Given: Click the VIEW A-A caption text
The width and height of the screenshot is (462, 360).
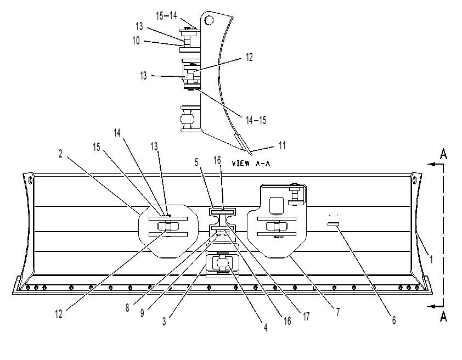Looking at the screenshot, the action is click(251, 163).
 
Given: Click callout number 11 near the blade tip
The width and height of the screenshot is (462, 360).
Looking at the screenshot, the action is click(282, 145).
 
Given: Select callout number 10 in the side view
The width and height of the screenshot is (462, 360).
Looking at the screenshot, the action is click(136, 41).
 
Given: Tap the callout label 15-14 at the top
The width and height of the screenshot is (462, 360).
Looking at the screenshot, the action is click(166, 15).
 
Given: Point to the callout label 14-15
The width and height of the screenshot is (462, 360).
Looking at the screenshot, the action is click(256, 120).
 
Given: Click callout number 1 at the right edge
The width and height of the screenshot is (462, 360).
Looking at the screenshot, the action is click(431, 260).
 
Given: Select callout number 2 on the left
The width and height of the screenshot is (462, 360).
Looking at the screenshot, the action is click(60, 154).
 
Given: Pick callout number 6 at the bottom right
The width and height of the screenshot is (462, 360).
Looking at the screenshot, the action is click(394, 320).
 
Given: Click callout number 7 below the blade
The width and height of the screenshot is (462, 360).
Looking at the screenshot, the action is click(337, 312).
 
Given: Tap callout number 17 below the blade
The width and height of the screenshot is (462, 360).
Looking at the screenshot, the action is click(306, 317).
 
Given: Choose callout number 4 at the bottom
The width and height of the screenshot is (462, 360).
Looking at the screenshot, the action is click(266, 327).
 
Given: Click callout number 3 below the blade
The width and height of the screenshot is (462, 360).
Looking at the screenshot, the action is click(164, 322).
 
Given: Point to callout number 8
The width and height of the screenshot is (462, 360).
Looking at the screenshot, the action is click(127, 308).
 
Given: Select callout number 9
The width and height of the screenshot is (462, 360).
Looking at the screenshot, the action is click(142, 313).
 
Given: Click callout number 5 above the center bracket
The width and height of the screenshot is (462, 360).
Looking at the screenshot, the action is click(196, 162).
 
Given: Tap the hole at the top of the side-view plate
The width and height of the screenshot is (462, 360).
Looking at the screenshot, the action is click(209, 20).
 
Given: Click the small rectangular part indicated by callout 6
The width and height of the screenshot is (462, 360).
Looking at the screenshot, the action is click(333, 224).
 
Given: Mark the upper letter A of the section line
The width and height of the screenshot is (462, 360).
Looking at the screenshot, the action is click(443, 154).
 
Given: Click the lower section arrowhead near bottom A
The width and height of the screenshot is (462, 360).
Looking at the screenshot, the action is click(431, 306).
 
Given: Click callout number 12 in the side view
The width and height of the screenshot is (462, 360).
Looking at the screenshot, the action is click(249, 57).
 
